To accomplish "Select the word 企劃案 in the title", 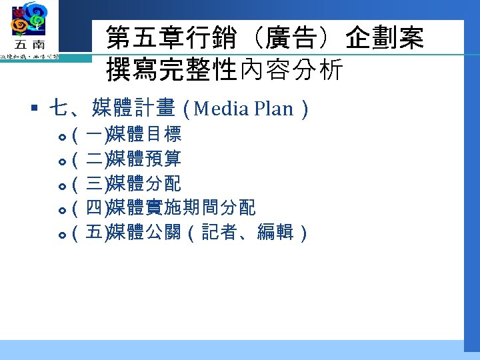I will point(385,38).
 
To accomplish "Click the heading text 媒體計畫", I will point(133,107).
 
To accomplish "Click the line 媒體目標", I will point(143,136).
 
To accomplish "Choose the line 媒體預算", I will point(143,160).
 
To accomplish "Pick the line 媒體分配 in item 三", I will point(143,184).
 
